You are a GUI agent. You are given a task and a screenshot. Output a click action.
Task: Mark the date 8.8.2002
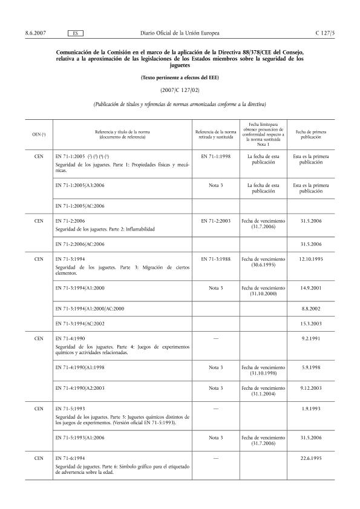(x=312, y=308)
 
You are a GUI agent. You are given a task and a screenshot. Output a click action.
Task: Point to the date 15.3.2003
(x=312, y=324)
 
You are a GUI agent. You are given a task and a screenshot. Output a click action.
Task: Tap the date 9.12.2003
(x=312, y=387)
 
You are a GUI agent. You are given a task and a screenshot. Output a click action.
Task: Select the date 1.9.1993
(x=312, y=409)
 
